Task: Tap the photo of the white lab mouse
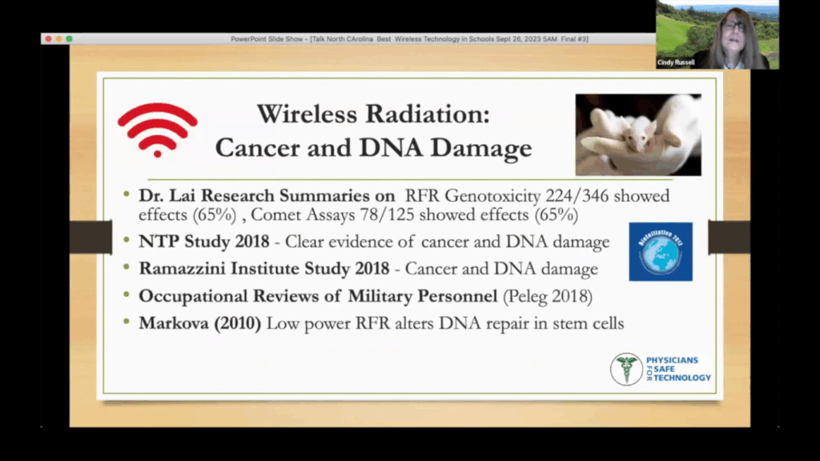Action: click(637, 134)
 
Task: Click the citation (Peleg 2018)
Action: click(547, 296)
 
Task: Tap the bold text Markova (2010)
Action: click(200, 324)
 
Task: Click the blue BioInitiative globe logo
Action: click(660, 251)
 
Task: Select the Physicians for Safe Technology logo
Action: click(660, 369)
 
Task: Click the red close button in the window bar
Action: click(48, 38)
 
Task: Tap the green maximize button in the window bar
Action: click(69, 38)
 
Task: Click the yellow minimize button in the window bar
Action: click(58, 38)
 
